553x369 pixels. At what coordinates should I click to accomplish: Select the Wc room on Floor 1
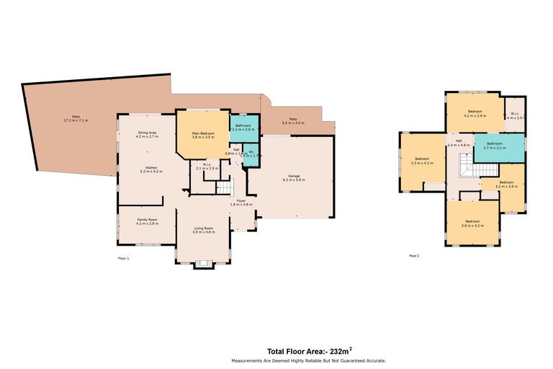[251, 154]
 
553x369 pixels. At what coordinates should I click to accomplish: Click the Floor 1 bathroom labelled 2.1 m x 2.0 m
[243, 128]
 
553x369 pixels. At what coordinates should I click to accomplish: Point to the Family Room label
[147, 221]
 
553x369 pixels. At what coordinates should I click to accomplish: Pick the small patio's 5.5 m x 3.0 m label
[293, 121]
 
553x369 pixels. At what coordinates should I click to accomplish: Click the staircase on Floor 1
[225, 187]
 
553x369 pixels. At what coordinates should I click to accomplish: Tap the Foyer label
[240, 203]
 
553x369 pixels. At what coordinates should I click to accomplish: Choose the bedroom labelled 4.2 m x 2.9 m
[475, 113]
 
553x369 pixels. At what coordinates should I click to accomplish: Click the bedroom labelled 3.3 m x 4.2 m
[421, 161]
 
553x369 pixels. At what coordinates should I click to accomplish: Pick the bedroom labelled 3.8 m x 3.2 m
[472, 223]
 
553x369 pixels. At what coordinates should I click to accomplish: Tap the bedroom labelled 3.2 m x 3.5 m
[507, 184]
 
